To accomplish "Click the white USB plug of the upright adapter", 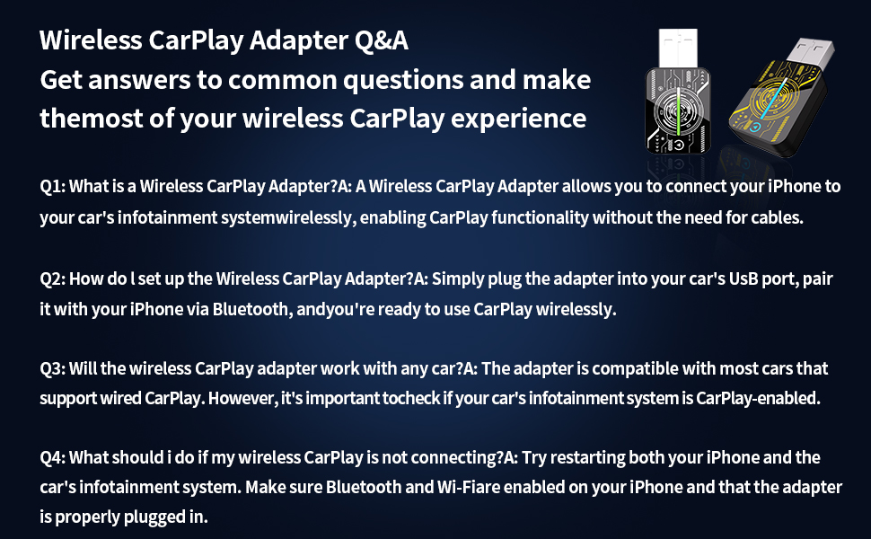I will pyautogui.click(x=678, y=50).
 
